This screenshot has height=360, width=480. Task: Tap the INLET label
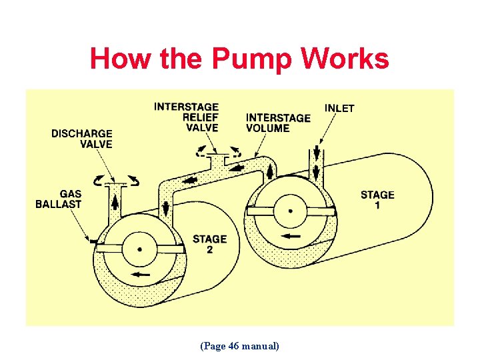pos(339,108)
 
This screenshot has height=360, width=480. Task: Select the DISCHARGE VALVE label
pos(81,139)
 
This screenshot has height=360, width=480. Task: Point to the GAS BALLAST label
pos(58,199)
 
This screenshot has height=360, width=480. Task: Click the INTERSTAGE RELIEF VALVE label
pos(186,117)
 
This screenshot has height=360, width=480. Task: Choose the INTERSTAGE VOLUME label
pos(278,123)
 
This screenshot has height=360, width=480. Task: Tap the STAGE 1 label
pos(377,200)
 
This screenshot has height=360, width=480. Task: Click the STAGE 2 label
pos(209,244)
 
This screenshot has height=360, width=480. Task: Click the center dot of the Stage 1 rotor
pos(290,210)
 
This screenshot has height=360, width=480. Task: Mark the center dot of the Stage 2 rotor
pos(139,249)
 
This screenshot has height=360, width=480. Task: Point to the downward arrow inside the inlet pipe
pos(314,161)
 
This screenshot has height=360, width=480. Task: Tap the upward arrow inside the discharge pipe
pos(114,200)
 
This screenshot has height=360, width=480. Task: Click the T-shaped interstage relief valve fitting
pos(217,159)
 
